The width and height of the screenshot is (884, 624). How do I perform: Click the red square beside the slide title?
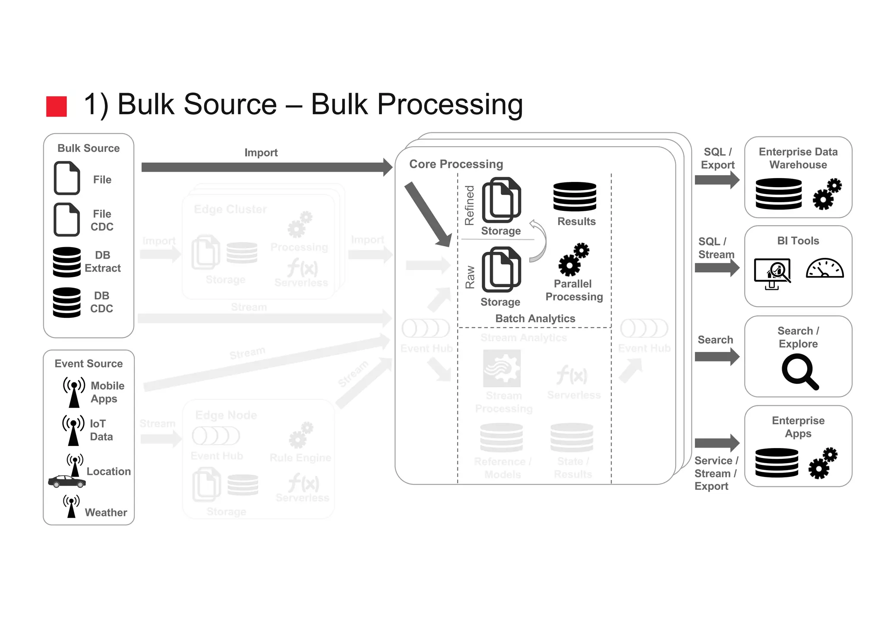pos(57,107)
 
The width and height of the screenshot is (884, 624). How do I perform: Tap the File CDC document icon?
pos(67,219)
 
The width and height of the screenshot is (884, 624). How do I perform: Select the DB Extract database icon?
pos(66,262)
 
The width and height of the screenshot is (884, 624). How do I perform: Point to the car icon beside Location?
pos(66,482)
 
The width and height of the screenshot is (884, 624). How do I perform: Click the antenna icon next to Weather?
pos(72,506)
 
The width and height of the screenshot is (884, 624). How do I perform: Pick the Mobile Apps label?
pos(107,392)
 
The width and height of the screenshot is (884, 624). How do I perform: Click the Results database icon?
pos(575,196)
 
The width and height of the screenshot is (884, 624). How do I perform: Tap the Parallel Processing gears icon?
pos(574,259)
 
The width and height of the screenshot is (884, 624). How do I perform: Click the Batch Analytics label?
pos(535,318)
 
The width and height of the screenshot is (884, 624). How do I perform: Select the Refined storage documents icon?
pos(501,200)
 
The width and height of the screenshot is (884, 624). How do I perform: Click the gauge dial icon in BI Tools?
pos(824,268)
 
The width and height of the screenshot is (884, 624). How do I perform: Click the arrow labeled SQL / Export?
pos(717,180)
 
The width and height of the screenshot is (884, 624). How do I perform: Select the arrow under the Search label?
pos(717,357)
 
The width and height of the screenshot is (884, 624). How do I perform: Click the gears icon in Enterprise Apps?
pos(823,463)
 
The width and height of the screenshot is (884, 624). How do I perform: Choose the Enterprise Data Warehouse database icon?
pos(779,194)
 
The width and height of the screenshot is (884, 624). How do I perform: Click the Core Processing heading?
pos(456,164)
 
